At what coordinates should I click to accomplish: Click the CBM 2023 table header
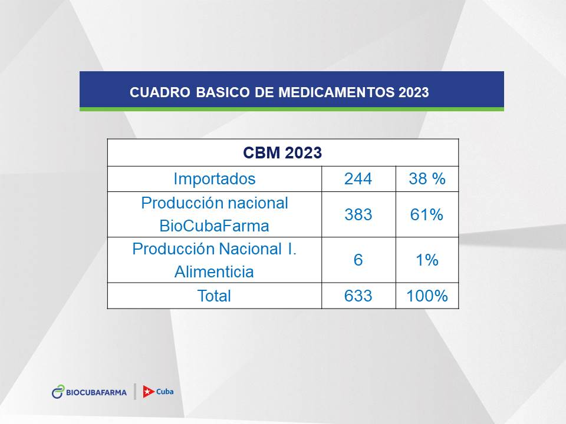[282, 153]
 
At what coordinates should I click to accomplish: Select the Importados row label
[215, 179]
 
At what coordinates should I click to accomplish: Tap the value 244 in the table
[358, 179]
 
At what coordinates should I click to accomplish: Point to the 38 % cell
[427, 179]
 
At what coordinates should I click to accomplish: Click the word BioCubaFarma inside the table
[215, 226]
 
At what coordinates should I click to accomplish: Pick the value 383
[358, 214]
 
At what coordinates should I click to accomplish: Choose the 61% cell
[427, 214]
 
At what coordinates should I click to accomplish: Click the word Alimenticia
[214, 271]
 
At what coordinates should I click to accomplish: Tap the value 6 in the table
[358, 260]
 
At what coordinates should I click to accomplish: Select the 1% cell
[427, 260]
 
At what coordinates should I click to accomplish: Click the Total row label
[214, 296]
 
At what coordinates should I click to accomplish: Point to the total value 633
[358, 296]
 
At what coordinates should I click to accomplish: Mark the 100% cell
[427, 296]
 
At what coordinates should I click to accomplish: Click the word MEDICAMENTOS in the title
[337, 92]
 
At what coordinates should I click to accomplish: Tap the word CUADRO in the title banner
[160, 92]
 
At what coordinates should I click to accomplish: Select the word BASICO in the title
[223, 92]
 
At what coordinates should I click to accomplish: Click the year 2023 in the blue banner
[414, 92]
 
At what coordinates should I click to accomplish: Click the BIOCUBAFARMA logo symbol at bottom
[58, 392]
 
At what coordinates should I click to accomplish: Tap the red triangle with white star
[149, 392]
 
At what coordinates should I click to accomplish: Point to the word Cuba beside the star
[164, 392]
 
